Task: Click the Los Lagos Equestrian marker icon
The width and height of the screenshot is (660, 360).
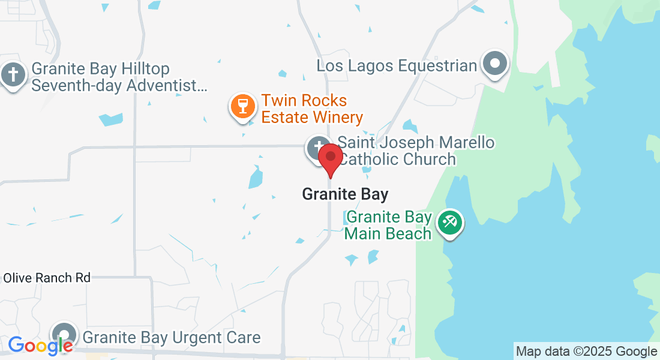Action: pos(495,62)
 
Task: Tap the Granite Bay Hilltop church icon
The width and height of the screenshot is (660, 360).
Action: pos(12,76)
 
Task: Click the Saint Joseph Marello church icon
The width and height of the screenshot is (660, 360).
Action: pos(316,147)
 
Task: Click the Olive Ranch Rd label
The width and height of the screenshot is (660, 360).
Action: pos(47,278)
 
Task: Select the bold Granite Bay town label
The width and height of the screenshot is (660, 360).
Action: pos(345,194)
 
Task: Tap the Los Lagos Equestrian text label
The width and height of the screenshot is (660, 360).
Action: pos(397,65)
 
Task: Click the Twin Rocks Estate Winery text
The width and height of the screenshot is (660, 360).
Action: pos(312,109)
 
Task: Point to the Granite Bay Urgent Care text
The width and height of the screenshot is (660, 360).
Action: pos(172,337)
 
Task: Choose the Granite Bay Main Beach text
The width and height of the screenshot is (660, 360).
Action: pos(389,225)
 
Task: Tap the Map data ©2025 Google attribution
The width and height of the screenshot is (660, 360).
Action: pos(587,352)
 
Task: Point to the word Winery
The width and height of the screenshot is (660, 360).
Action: pos(337,116)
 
